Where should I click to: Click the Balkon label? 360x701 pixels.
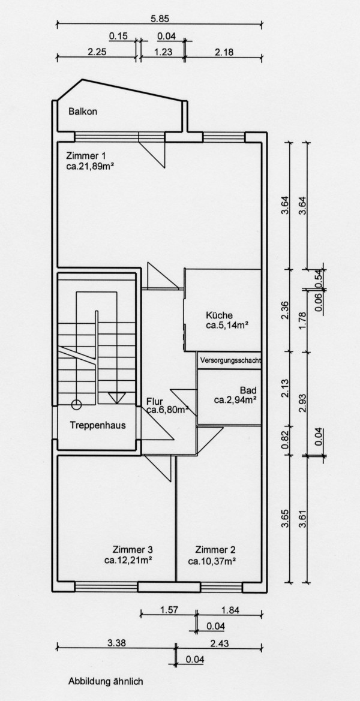[83, 112]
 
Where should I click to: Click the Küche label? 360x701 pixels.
[219, 315]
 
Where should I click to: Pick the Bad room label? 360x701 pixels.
[247, 389]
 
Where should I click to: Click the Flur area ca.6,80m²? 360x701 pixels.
[167, 411]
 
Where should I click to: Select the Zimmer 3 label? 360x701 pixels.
[133, 549]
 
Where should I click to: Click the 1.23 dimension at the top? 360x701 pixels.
[163, 52]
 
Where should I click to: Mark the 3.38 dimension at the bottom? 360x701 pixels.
[116, 643]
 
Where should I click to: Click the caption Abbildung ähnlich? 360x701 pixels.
[106, 681]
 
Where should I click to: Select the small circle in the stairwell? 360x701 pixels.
[76, 404]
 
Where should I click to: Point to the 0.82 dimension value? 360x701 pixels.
[285, 437]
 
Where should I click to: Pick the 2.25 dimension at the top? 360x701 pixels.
[97, 52]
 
